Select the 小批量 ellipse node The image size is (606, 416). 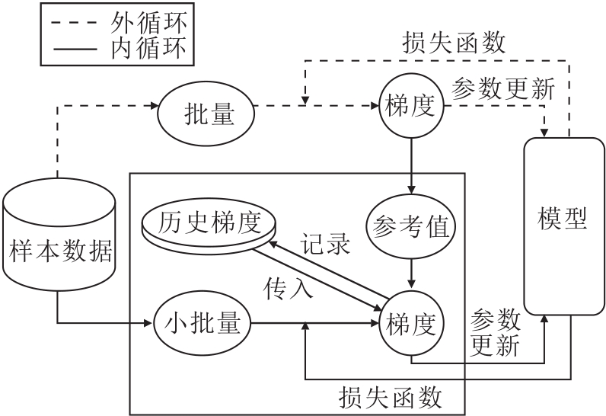(202, 324)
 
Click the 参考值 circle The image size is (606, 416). (410, 226)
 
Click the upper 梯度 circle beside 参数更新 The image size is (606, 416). (410, 107)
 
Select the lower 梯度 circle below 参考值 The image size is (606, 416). (410, 325)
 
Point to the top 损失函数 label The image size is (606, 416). (454, 43)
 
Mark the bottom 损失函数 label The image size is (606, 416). (391, 397)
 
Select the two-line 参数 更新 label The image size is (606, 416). (496, 332)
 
